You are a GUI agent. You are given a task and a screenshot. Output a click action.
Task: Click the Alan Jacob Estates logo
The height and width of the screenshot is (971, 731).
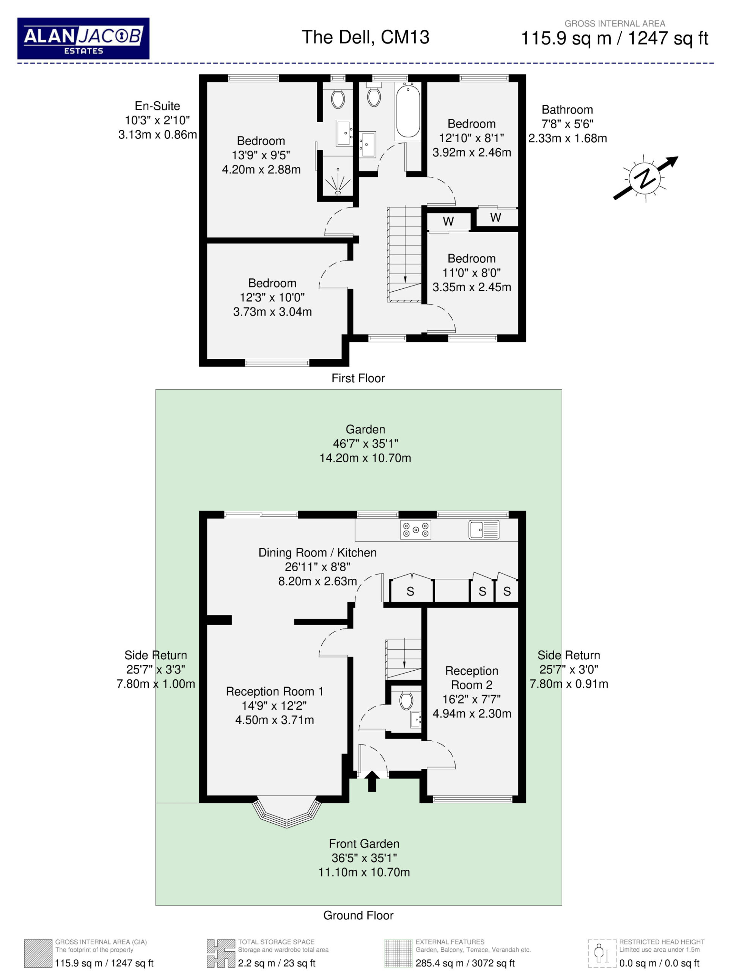click(83, 39)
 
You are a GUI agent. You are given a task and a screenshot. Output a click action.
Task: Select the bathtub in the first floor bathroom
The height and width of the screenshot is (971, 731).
click(408, 111)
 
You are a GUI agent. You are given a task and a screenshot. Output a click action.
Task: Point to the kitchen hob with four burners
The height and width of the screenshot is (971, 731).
click(415, 530)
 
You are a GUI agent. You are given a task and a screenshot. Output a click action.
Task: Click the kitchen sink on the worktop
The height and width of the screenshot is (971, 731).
click(484, 530)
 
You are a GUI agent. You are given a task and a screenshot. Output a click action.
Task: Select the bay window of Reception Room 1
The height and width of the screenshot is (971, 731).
click(287, 812)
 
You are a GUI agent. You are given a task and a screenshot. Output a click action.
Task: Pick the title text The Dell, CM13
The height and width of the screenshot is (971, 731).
click(365, 37)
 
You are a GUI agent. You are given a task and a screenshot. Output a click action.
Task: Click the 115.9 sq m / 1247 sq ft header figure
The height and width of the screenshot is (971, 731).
click(614, 39)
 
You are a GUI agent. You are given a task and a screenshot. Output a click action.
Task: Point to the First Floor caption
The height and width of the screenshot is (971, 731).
click(358, 379)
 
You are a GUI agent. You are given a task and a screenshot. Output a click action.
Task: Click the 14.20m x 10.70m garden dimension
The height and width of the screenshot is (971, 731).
click(365, 458)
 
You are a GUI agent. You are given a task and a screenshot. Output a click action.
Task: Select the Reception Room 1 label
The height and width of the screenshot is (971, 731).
click(274, 691)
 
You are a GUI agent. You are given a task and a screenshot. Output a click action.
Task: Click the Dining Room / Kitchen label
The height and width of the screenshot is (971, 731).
click(318, 552)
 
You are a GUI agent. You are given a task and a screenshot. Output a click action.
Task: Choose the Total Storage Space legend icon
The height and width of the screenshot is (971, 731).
click(221, 954)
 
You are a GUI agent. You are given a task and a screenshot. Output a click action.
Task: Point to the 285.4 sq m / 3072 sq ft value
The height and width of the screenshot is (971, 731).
click(465, 963)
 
